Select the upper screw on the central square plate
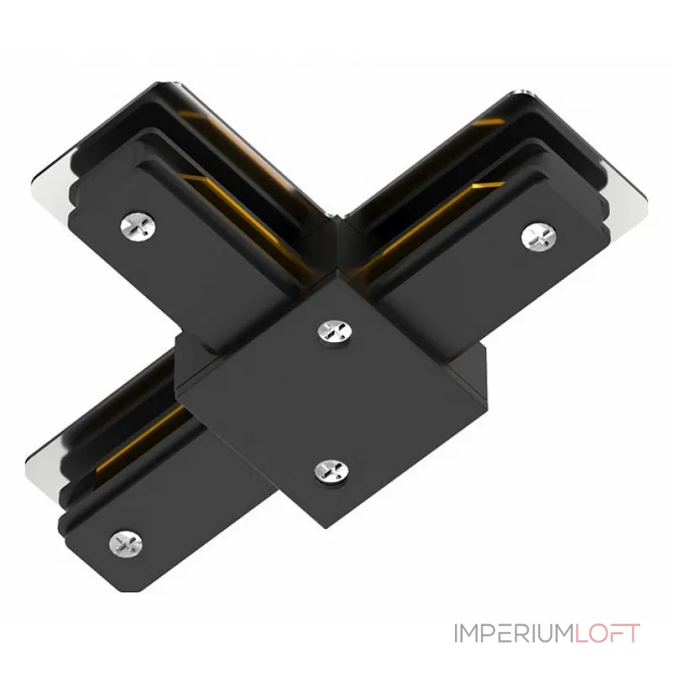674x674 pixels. (x=331, y=331)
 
